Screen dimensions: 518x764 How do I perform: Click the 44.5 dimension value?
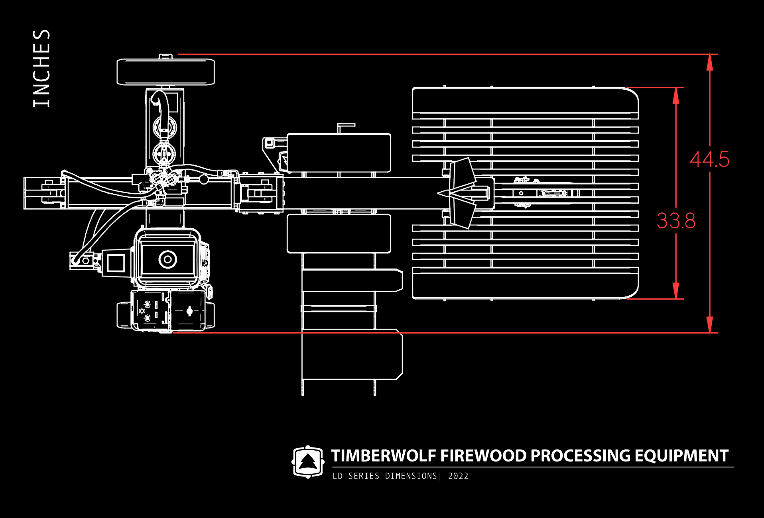pos(709,159)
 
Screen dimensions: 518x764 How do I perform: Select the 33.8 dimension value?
pos(676,221)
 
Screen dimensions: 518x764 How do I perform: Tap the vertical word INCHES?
pos(41,68)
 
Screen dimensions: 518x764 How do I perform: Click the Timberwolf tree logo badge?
pos(307,462)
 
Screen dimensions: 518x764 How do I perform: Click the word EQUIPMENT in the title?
pos(681,456)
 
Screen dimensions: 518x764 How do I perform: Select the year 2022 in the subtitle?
pos(458,476)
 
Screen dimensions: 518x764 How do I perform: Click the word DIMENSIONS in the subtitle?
pos(411,476)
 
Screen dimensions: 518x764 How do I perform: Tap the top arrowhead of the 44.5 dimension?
pos(710,62)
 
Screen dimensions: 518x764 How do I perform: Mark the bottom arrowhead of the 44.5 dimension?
pos(710,325)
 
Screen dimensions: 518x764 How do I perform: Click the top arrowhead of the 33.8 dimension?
pos(676,95)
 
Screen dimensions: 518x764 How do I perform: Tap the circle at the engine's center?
pos(168,259)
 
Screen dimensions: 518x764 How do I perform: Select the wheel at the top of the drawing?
pos(165,72)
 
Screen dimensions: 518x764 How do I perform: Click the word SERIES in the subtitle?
pos(364,476)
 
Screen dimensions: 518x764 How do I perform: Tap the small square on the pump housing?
pos(116,263)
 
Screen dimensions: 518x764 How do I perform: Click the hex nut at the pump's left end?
pos(85,261)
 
